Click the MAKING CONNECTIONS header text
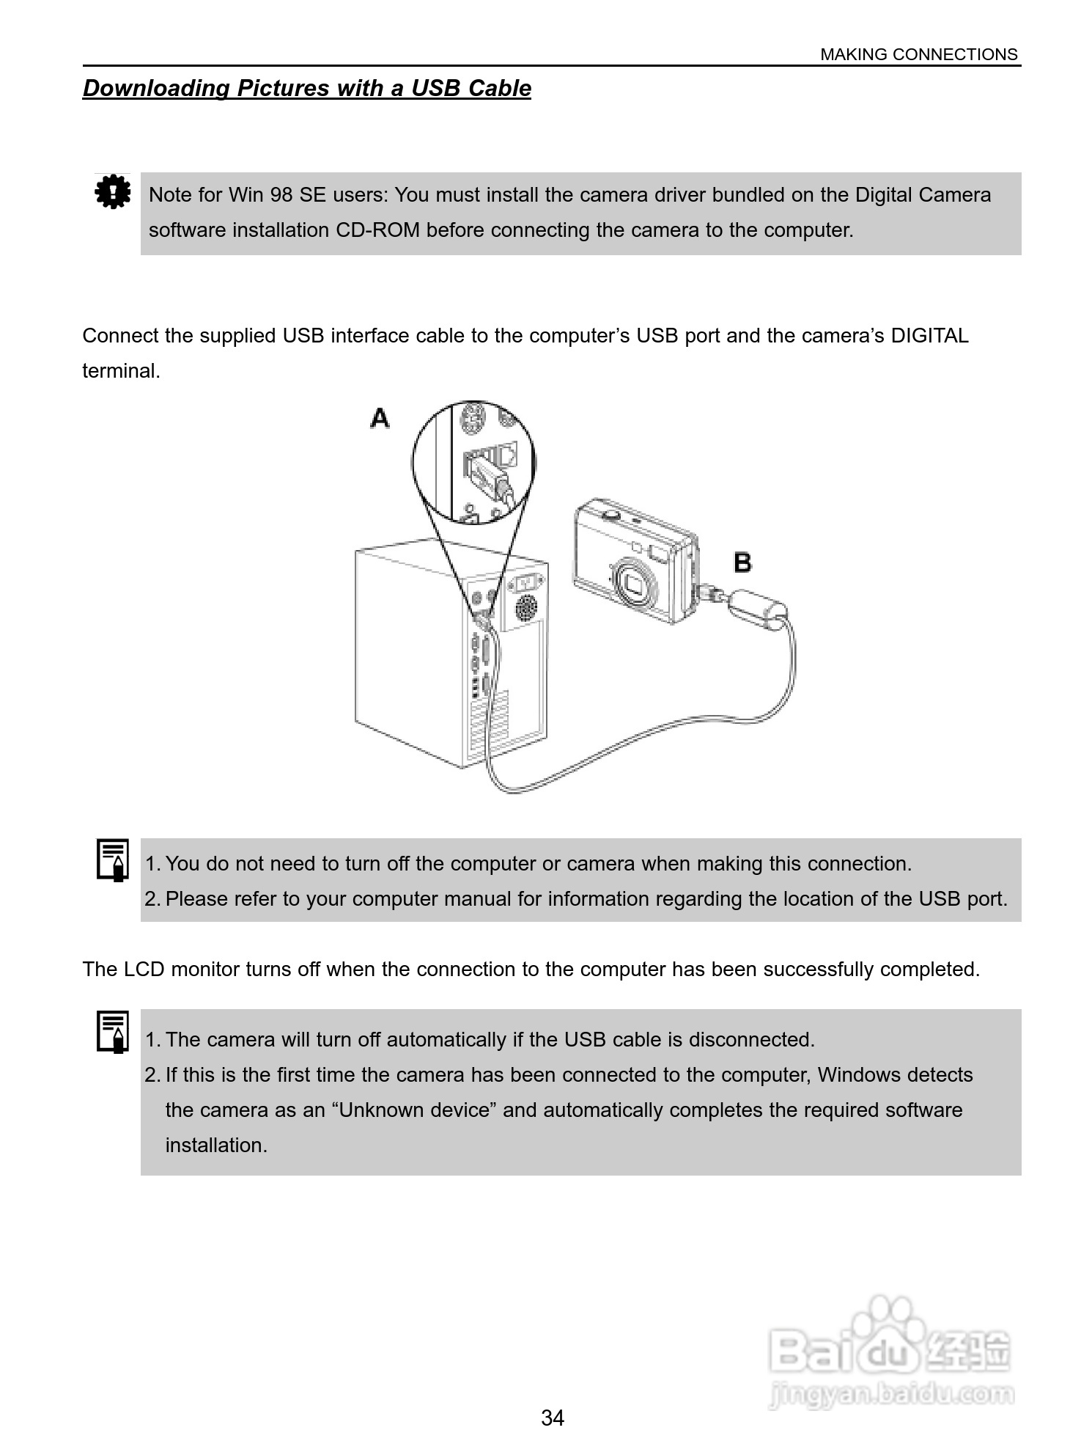(918, 54)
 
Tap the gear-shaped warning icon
(112, 192)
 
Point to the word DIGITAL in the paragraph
(929, 336)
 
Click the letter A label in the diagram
(380, 419)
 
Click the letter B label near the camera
(742, 562)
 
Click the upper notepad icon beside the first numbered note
(113, 860)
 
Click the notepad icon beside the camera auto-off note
(113, 1031)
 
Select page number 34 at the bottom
(553, 1418)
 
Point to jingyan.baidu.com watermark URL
(892, 1393)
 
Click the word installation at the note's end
(216, 1146)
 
